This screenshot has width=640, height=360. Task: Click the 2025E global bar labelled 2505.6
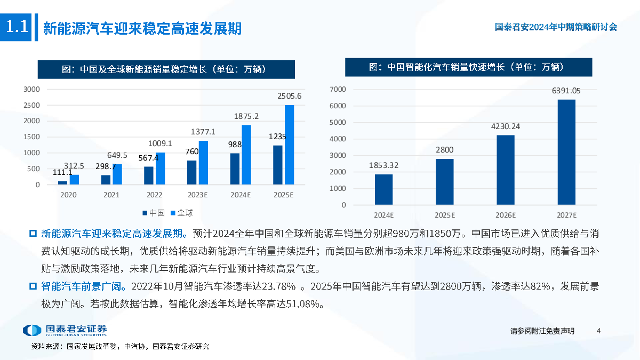tap(289, 145)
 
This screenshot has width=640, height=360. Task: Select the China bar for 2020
tap(63, 183)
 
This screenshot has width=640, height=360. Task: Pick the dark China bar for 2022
tap(149, 175)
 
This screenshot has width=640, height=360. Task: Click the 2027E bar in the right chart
tap(566, 152)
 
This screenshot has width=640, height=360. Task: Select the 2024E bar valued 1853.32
tap(383, 189)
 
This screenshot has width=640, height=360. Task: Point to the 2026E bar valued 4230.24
tap(506, 170)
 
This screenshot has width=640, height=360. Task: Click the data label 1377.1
tap(203, 132)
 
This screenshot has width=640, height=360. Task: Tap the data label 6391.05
tap(566, 91)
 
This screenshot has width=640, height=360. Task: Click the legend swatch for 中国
tap(145, 213)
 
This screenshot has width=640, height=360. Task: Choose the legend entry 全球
tap(181, 213)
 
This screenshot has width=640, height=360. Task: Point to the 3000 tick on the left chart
tap(32, 89)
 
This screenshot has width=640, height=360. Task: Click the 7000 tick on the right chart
tap(338, 89)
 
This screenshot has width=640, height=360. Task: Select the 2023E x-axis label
tap(197, 195)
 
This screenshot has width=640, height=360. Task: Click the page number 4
tap(598, 331)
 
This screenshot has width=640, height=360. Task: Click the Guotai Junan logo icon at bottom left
tap(31, 330)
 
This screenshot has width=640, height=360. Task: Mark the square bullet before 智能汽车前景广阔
tap(33, 286)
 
